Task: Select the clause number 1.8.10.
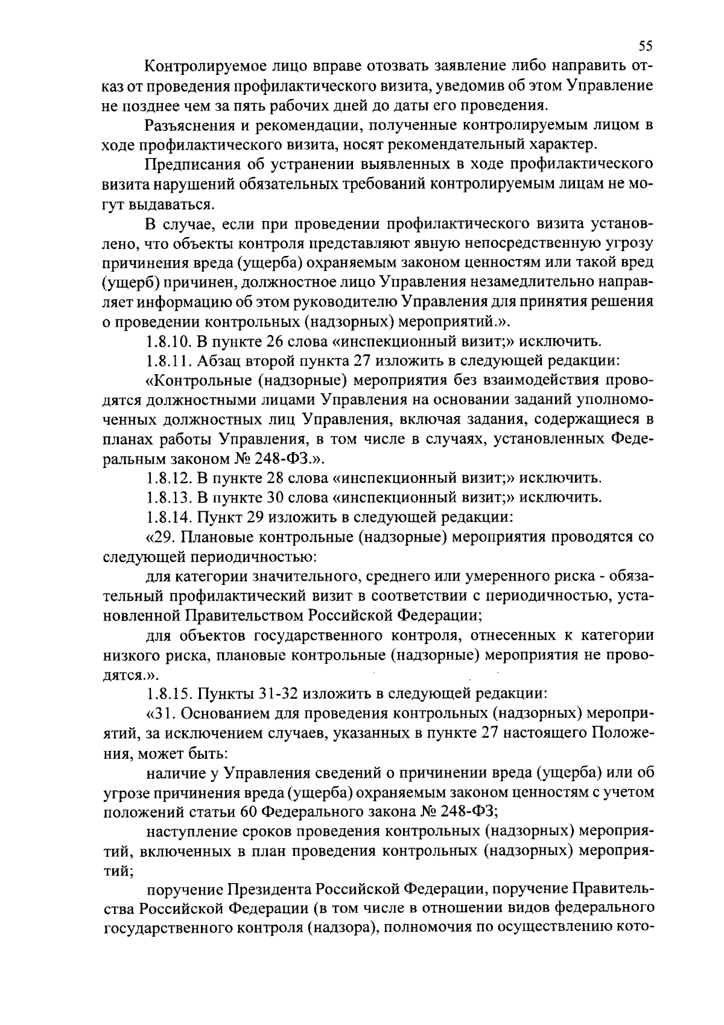pos(169,342)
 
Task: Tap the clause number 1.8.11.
pos(168,361)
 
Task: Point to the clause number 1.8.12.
pos(169,479)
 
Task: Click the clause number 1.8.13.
pos(169,498)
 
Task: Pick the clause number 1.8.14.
pos(169,517)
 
